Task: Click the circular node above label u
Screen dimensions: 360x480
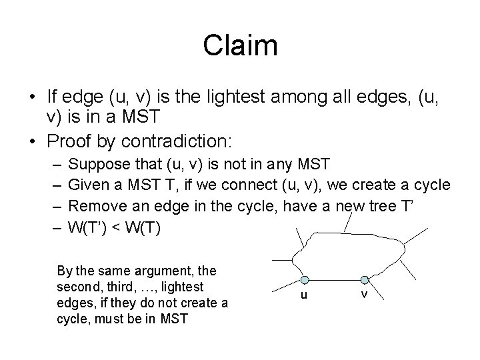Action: pos(304,281)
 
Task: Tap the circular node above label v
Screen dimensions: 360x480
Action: pos(365,279)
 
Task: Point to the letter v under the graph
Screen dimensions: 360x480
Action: pos(365,293)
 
